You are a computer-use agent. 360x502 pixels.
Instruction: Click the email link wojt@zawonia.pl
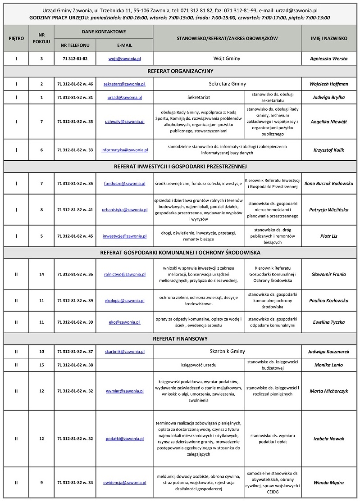pos(124,59)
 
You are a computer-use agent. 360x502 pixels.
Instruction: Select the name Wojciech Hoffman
pos(328,84)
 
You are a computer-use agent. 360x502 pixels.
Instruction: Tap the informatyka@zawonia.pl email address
pos(124,149)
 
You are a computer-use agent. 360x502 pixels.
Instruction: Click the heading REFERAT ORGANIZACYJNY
pos(180,71)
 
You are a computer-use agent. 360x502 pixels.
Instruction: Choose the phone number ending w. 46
pos(75,84)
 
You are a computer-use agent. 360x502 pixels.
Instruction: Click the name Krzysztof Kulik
pos(328,149)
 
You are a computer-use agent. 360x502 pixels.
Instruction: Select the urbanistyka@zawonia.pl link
pos(124,209)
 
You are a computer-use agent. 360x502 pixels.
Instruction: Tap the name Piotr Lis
pos(328,236)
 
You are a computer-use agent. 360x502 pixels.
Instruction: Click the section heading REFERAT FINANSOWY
pos(180,339)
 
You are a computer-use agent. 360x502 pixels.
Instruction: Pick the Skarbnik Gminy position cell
pos(227,351)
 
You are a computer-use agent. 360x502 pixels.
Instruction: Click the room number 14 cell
pos(41,274)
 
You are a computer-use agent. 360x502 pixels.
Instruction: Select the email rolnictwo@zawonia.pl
pos(124,274)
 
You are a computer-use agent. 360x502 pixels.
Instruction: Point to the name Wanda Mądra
pos(328,483)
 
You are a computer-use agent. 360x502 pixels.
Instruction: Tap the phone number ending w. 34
pos(75,483)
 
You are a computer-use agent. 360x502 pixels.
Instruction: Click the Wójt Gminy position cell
pos(227,59)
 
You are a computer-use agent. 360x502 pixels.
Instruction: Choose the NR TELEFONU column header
pos(75,45)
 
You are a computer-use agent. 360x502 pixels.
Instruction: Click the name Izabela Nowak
pos(328,439)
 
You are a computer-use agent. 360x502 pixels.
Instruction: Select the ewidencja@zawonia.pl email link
pos(124,483)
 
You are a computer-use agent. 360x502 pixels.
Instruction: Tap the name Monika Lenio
pos(328,365)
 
